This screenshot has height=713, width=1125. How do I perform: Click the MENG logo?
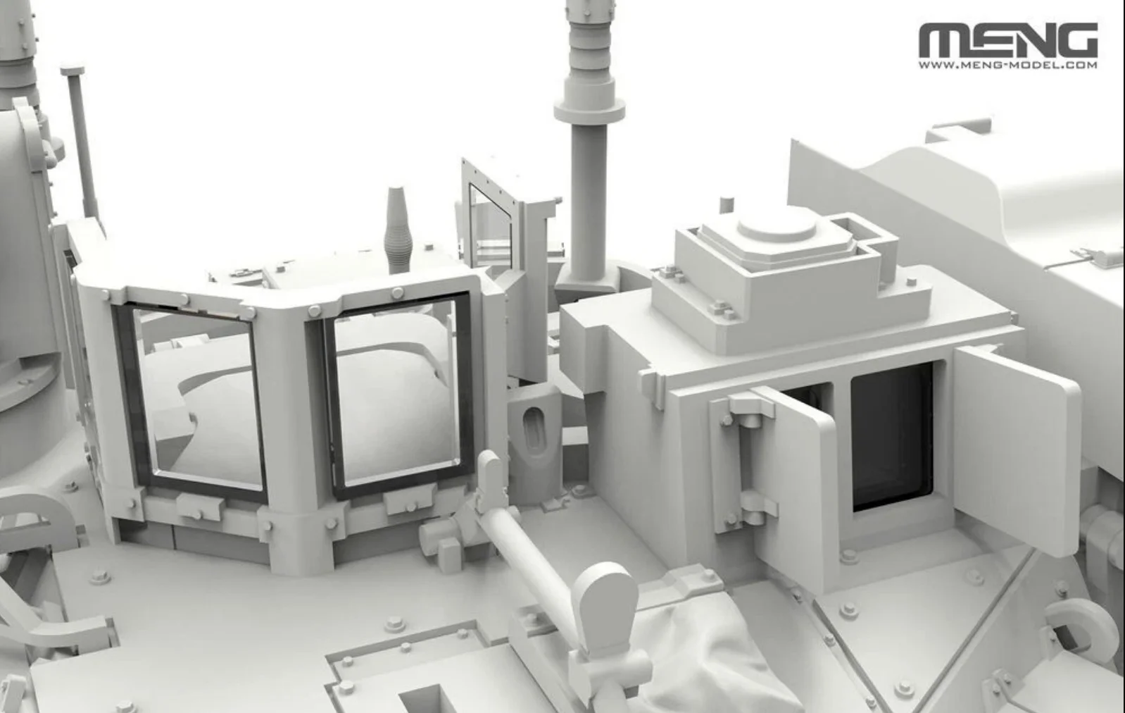coord(1008,40)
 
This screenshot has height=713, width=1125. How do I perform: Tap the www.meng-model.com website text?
coord(1008,65)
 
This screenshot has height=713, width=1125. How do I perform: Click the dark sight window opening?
coord(892,436)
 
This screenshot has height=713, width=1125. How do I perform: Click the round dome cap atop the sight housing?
coord(777,225)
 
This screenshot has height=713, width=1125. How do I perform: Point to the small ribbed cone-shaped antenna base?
coord(398,230)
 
